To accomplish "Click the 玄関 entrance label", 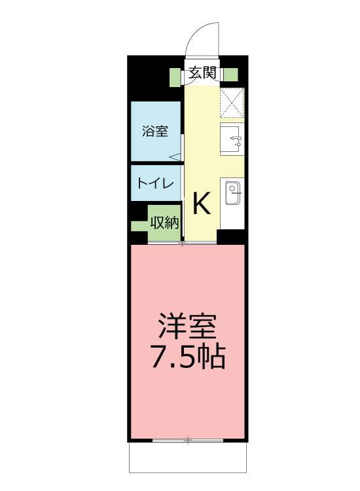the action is tap(202, 73).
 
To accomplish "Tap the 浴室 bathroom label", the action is tap(155, 131).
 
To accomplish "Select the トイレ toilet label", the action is tap(155, 183).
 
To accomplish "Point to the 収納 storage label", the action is tap(165, 223).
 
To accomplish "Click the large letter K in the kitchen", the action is tap(202, 203).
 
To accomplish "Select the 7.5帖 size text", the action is tap(189, 356).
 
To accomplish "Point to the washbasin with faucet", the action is tap(232, 139).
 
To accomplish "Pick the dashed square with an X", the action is tap(232, 103).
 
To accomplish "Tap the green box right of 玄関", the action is tap(231, 75).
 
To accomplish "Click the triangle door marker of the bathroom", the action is tap(175, 157).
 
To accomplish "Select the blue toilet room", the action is tap(156, 183).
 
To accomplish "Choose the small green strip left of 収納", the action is tap(139, 226).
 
